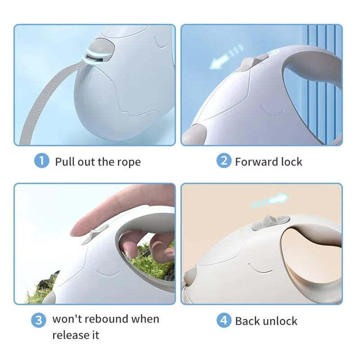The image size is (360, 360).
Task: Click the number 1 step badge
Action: click(x=41, y=161)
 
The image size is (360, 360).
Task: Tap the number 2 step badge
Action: click(x=224, y=161)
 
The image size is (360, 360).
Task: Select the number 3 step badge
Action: click(x=39, y=320)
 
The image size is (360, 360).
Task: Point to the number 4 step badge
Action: click(x=224, y=320)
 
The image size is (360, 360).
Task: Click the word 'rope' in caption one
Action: click(x=129, y=162)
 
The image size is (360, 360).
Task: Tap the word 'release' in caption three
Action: click(x=69, y=335)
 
